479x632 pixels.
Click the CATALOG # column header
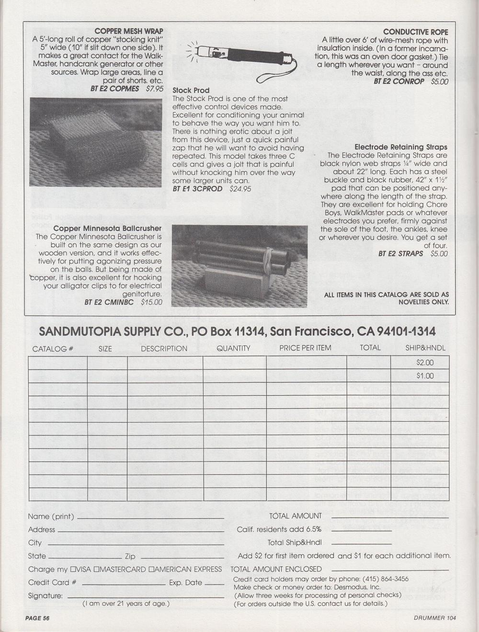(x=53, y=349)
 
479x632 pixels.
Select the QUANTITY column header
(x=233, y=348)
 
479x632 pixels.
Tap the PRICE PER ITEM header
(x=305, y=348)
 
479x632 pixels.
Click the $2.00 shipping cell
(x=425, y=363)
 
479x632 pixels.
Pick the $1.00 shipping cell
(x=425, y=376)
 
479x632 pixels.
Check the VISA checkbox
(x=73, y=570)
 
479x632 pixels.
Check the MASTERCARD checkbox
(x=97, y=570)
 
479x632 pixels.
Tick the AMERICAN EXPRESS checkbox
(x=151, y=570)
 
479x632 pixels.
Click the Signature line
(x=146, y=597)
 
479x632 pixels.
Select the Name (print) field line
(x=150, y=518)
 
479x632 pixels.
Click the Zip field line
(x=182, y=558)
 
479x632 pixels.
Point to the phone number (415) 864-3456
(x=386, y=579)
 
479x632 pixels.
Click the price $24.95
(x=240, y=189)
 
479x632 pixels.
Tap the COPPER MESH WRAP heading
(x=129, y=31)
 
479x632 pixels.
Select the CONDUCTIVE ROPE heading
(x=416, y=32)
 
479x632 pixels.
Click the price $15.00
(x=151, y=302)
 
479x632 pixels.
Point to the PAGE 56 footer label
(x=38, y=618)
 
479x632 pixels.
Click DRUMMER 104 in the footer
(x=435, y=618)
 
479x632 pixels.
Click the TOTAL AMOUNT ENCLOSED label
(x=276, y=569)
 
